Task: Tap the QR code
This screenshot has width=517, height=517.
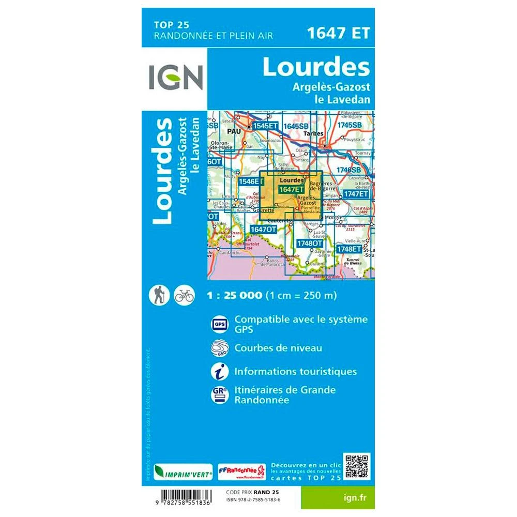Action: pos(357,467)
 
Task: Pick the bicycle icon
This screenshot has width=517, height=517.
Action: pos(184,295)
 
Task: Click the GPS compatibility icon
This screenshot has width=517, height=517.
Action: pos(218,324)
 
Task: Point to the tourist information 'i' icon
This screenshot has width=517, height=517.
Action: pos(218,371)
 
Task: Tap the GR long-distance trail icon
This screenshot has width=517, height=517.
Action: pos(218,394)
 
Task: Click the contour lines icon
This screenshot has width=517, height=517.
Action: pos(218,347)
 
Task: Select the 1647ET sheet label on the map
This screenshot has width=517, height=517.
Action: pos(291,190)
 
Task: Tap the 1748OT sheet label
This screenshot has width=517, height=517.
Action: pos(310,243)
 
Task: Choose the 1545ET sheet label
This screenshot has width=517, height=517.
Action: pos(266,126)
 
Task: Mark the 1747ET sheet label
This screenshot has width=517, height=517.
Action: pos(357,193)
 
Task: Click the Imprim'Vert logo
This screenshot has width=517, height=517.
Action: pos(177,472)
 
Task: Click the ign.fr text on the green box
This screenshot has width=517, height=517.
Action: pos(352,497)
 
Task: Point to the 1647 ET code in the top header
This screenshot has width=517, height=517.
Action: pos(338,33)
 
